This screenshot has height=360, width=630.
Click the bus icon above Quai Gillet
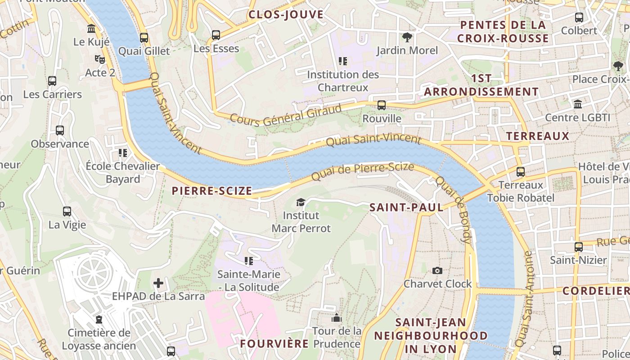(144, 38)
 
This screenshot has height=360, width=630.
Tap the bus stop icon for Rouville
(382, 105)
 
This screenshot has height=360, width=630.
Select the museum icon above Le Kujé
(92, 29)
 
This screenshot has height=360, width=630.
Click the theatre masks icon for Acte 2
(100, 59)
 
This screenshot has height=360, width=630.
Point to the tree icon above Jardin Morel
(407, 37)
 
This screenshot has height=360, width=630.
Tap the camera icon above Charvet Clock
(437, 270)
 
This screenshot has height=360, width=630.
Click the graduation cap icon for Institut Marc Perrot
(301, 202)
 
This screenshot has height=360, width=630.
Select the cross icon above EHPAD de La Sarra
(158, 283)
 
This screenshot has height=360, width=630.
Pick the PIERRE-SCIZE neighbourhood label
(212, 191)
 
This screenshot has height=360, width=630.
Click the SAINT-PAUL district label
(406, 207)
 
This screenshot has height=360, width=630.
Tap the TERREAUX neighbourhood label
(537, 136)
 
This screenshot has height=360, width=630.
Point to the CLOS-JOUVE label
(286, 14)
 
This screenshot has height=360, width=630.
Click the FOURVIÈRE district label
(274, 344)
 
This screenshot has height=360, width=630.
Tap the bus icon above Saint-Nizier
(579, 247)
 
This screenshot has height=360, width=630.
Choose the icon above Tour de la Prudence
(337, 318)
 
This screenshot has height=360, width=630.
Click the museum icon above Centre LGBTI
(578, 104)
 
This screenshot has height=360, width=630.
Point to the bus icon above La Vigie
(67, 211)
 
